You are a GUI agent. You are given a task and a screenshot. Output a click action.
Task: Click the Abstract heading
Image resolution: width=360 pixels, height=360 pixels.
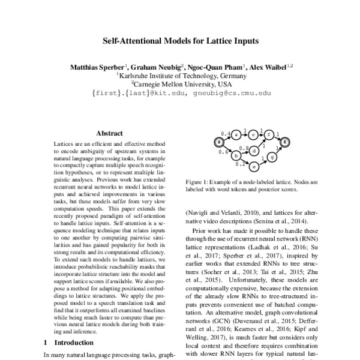(109, 133)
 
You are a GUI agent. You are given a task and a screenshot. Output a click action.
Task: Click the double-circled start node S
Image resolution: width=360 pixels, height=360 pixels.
(220, 142)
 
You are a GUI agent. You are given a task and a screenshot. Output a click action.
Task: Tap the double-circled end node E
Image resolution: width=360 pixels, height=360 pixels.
(286, 142)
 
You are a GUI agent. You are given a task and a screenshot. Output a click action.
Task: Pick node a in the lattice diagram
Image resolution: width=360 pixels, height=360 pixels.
(237, 134)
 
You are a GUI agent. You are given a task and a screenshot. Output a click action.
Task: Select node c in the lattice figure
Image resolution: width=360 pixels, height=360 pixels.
(254, 134)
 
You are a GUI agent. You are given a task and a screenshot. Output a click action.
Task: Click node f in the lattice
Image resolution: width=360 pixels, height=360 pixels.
(270, 134)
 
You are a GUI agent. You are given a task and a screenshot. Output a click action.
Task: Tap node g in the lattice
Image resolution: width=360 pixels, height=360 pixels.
(272, 157)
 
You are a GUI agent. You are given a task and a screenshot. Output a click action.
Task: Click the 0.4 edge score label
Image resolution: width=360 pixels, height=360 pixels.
(225, 133)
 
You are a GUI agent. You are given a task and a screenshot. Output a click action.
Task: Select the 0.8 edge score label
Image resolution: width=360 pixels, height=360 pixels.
(244, 148)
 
